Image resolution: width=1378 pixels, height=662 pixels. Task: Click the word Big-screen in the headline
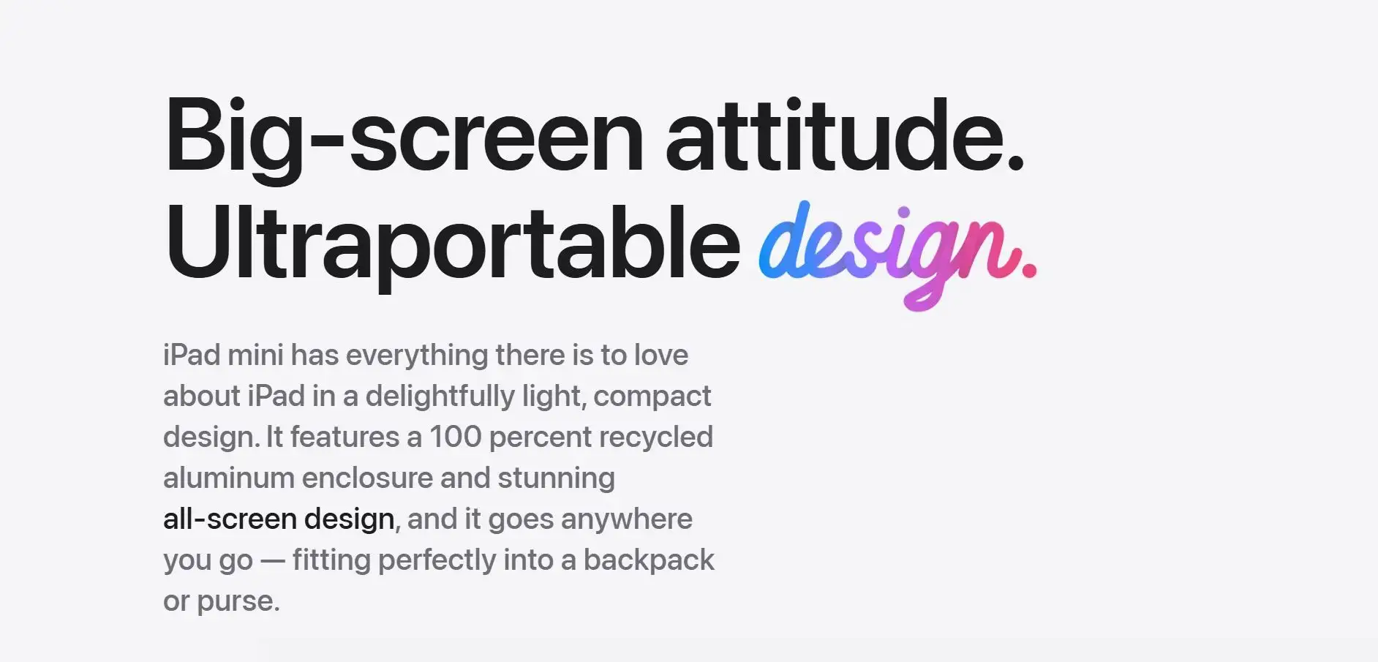tap(404, 139)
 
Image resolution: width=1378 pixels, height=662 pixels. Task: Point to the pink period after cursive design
tap(1029, 271)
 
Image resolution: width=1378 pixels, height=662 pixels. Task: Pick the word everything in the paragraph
tap(417, 356)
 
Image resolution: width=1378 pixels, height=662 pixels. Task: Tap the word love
tap(661, 355)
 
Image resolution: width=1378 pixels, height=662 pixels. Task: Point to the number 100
tap(455, 437)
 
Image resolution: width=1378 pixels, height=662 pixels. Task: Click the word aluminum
tap(229, 478)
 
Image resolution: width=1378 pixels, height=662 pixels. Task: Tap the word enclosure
tap(367, 478)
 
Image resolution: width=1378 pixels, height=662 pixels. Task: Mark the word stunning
tap(557, 479)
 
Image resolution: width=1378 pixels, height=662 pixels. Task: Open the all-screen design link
tap(279, 520)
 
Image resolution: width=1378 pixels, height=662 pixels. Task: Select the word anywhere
tap(627, 520)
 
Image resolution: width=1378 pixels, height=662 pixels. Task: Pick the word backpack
tap(649, 561)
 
